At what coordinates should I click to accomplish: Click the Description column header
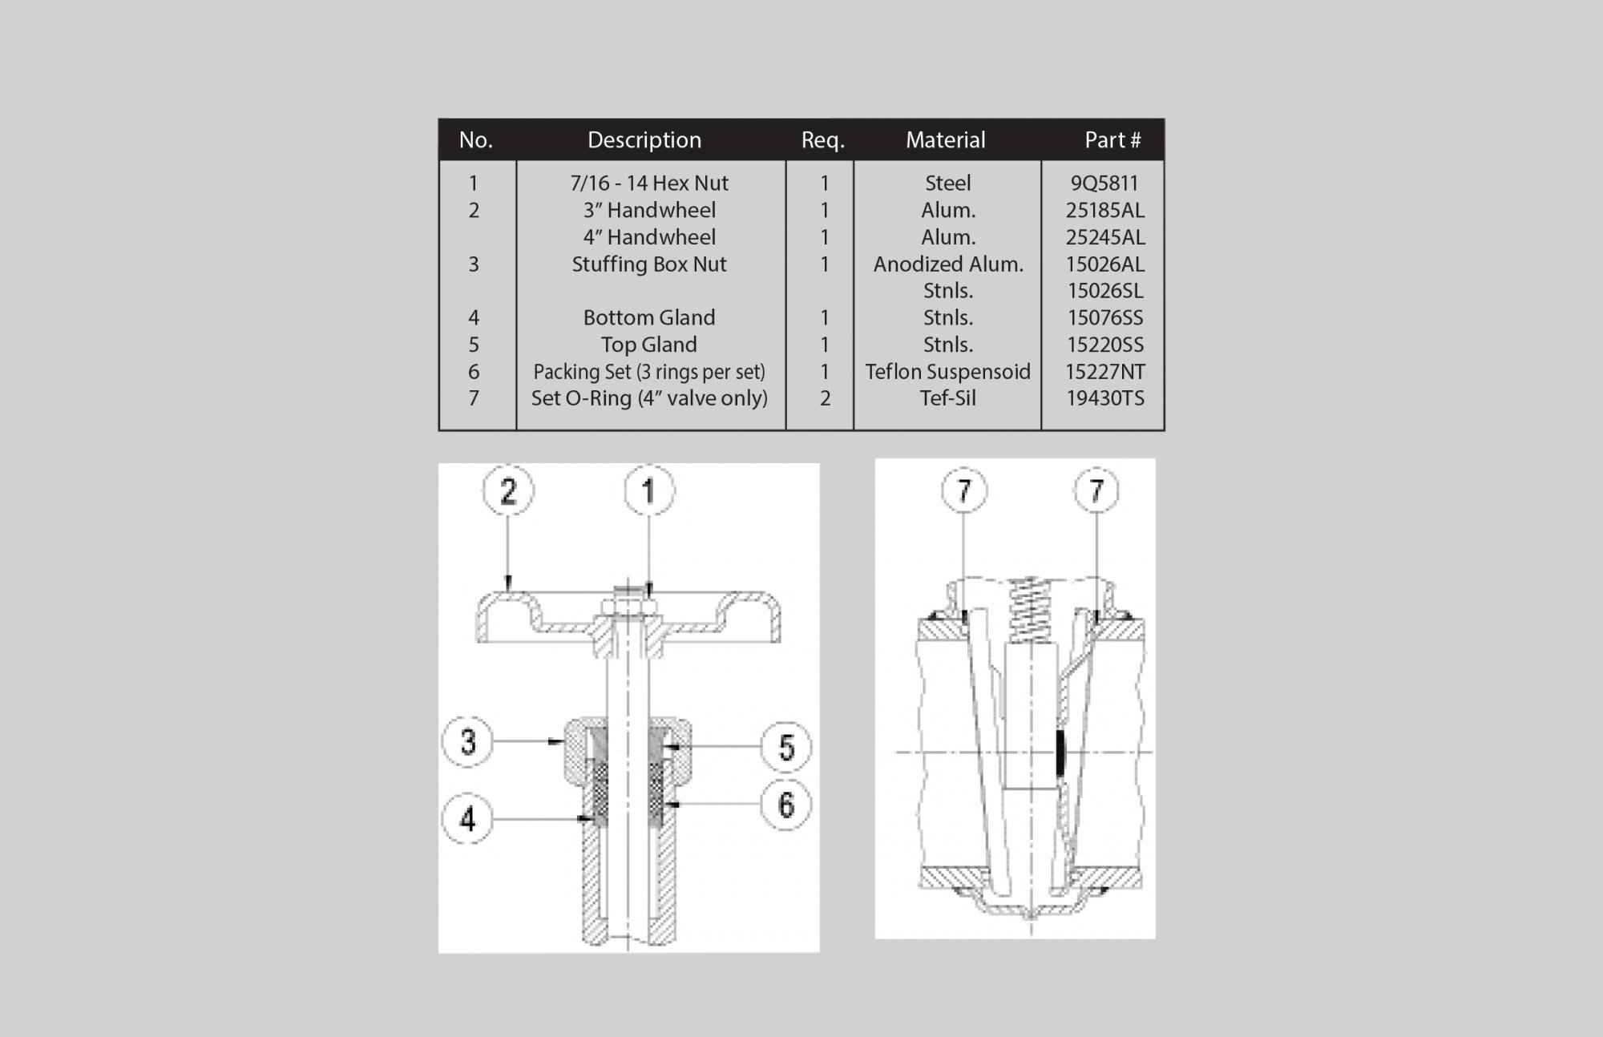[644, 140]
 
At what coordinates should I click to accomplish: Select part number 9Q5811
[1104, 183]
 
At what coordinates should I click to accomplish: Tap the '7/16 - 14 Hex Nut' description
[649, 183]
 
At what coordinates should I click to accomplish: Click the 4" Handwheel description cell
[649, 237]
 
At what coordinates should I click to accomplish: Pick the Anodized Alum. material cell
[948, 264]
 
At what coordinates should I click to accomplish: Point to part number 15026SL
[1104, 291]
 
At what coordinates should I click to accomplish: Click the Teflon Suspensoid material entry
[948, 372]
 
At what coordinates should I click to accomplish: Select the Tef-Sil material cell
[948, 398]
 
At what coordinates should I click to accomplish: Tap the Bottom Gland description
[649, 317]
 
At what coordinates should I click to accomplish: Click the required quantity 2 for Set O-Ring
[825, 398]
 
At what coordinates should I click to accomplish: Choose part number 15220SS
[1104, 345]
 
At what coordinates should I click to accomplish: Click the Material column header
[946, 140]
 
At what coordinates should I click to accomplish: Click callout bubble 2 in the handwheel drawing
[508, 490]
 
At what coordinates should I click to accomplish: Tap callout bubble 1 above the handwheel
[649, 490]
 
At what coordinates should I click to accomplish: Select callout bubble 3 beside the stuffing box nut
[468, 741]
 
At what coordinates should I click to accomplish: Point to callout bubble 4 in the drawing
[468, 818]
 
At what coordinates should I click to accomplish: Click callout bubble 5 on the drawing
[785, 747]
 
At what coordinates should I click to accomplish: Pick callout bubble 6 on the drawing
[785, 804]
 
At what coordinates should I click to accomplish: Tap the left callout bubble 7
[964, 490]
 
